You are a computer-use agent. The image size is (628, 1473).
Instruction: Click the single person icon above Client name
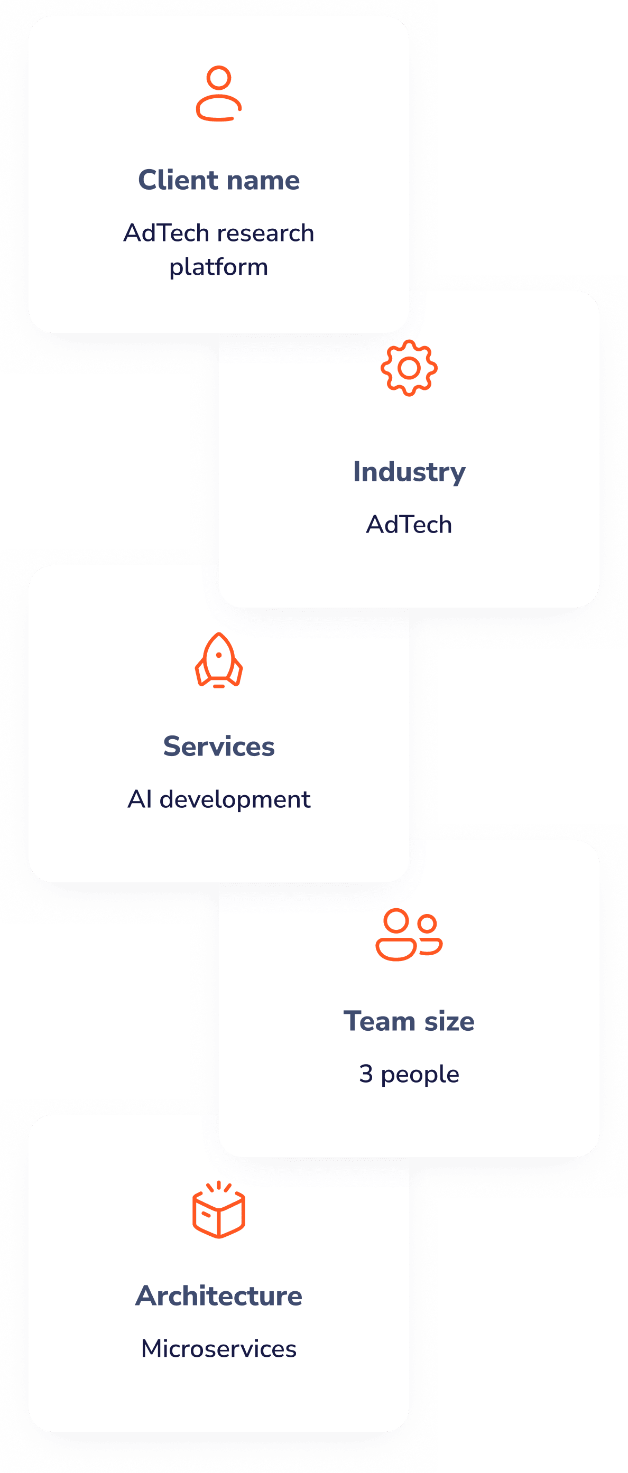pos(218,94)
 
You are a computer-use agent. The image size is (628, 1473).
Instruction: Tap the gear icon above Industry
pos(409,368)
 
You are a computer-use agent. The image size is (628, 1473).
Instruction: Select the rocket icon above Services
pos(218,660)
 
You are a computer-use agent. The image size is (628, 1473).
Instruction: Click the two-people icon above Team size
pos(409,934)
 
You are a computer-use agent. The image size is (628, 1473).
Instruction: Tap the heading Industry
pos(409,472)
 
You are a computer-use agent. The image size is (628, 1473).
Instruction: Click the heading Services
pos(218,746)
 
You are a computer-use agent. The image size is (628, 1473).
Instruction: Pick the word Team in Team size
pos(378,1021)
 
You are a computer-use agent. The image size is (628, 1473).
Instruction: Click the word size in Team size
pos(449,1021)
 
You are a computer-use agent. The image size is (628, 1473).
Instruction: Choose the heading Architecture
pos(218,1295)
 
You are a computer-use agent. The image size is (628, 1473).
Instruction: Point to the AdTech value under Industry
pos(409,524)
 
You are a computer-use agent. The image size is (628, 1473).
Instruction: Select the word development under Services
pos(235,799)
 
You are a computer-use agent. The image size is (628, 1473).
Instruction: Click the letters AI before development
pos(140,799)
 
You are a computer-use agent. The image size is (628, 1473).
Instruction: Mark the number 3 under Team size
pos(366,1074)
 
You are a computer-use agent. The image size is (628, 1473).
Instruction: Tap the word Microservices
pos(218,1348)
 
